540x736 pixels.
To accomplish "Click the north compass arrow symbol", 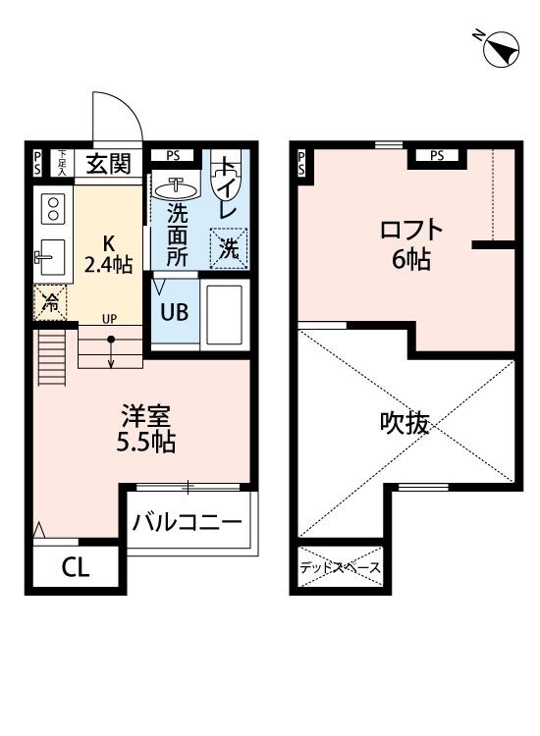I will [x=501, y=48].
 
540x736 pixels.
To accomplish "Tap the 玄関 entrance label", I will [x=107, y=164].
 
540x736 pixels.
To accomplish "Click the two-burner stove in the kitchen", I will [x=52, y=208].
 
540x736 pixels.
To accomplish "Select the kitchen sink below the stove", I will [x=51, y=258].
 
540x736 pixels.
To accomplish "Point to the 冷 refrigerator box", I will [x=48, y=303].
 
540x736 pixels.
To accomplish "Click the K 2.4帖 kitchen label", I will [x=107, y=252].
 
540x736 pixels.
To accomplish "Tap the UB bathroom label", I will [x=175, y=311].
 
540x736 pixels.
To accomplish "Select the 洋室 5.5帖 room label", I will [x=143, y=428].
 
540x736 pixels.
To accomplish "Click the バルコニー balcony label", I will [x=187, y=521].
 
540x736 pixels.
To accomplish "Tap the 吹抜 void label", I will [x=405, y=423].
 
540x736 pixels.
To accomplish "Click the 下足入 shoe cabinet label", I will [x=62, y=163].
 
